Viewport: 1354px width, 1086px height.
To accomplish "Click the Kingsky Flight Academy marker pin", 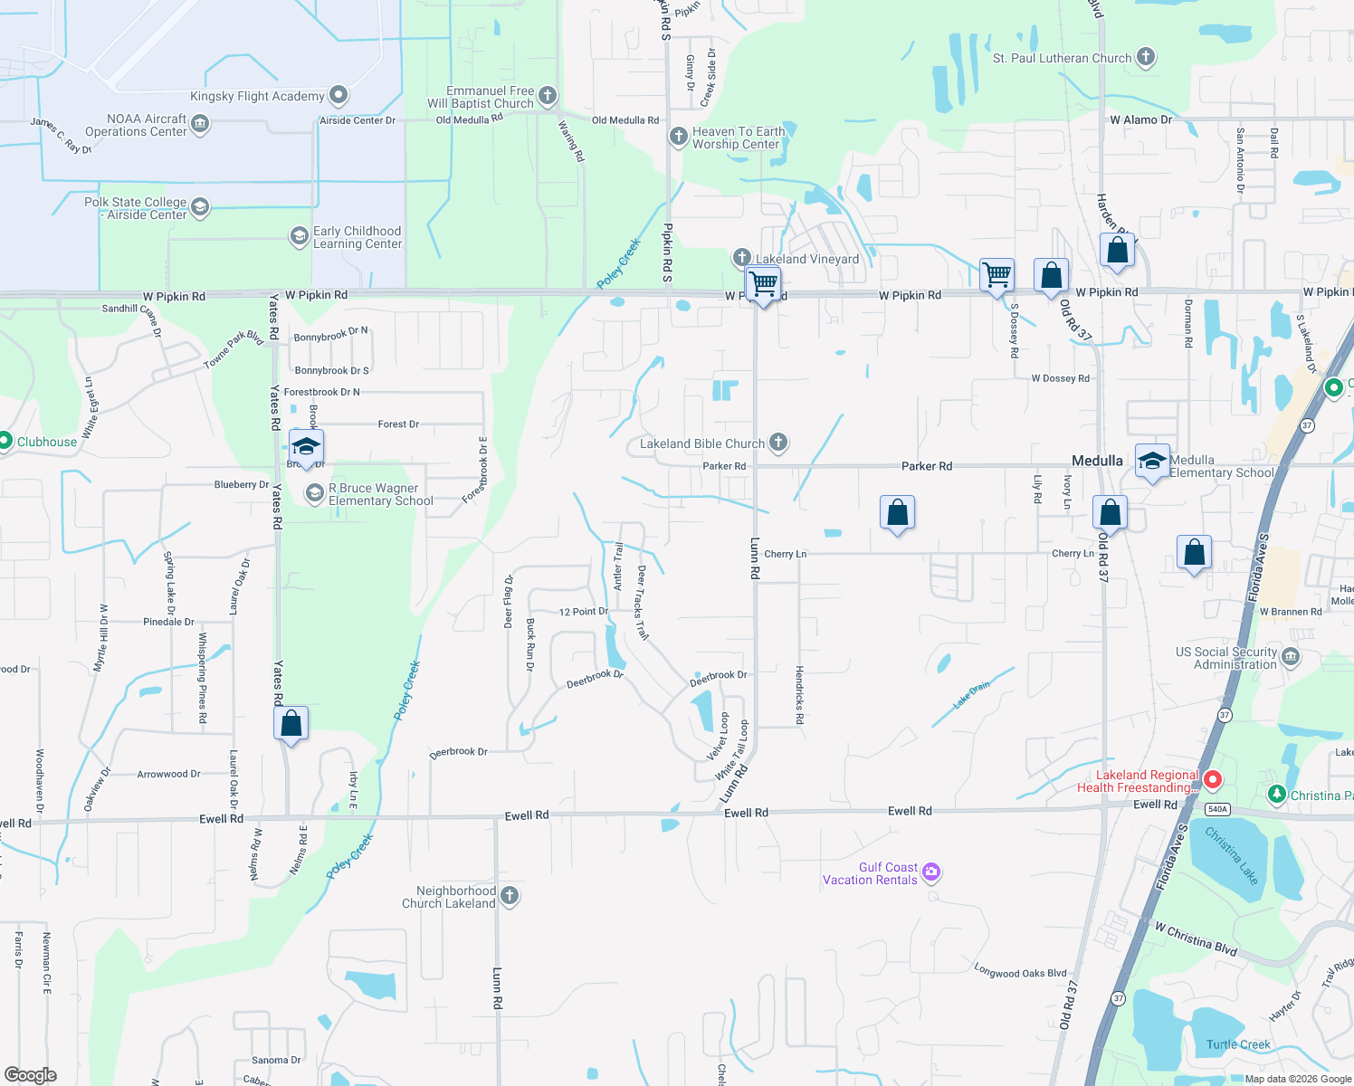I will (338, 95).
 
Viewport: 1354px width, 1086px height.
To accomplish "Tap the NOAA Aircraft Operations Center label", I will (136, 125).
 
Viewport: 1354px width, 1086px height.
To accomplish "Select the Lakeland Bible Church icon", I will (778, 443).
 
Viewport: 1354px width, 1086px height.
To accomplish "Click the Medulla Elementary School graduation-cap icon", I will (1151, 462).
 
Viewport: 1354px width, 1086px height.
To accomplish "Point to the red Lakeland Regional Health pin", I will (1213, 779).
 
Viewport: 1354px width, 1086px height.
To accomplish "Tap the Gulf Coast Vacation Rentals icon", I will (931, 872).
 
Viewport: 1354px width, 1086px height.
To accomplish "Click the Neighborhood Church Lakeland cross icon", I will (510, 896).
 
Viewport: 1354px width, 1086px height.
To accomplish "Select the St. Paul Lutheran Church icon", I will (1146, 57).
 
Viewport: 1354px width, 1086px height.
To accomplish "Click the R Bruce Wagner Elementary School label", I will (380, 494).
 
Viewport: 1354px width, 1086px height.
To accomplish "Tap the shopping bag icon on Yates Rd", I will (291, 723).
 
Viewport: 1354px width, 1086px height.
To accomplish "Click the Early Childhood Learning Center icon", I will (299, 237).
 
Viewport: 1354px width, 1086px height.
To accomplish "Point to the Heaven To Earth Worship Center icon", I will (679, 137).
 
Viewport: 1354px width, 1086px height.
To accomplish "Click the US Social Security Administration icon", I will (1291, 656).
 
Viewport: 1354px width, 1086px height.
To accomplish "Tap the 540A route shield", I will (1217, 809).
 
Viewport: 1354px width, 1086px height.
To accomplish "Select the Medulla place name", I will (1097, 461).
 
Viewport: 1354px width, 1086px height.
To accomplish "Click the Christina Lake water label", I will (1232, 855).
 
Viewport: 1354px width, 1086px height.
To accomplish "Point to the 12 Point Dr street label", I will (583, 612).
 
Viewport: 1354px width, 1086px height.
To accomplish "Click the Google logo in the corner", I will (31, 1074).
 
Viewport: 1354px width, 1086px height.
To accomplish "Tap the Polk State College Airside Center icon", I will (200, 207).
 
